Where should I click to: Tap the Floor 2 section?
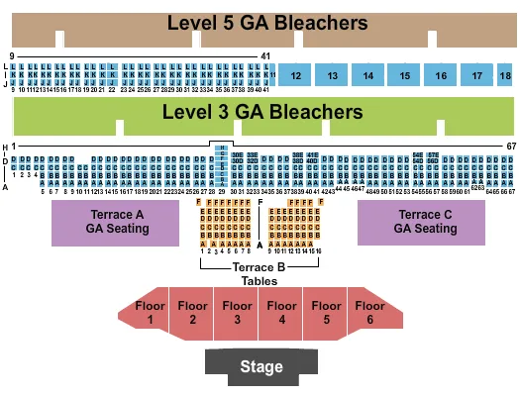[192, 313]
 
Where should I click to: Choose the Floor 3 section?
[237, 313]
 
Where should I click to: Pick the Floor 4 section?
[282, 313]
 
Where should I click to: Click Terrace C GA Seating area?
[422, 222]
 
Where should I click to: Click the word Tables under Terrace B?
[260, 280]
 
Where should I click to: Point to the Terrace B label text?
[260, 267]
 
